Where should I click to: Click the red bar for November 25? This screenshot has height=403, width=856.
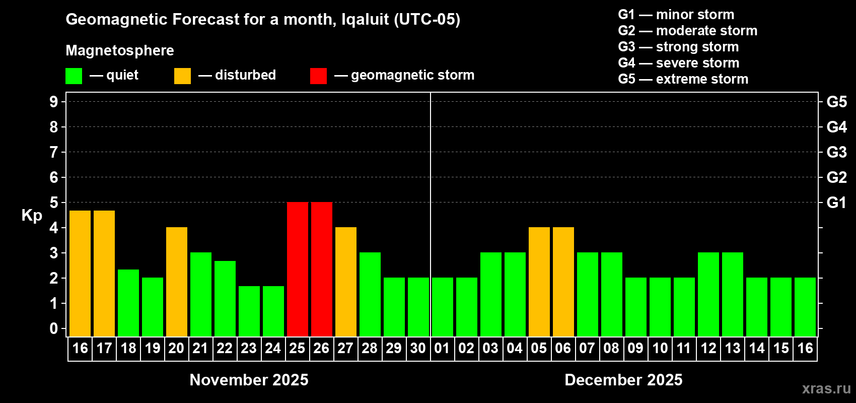[298, 269]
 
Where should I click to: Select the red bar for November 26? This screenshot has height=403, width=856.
[322, 269]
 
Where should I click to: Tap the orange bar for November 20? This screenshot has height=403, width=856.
[177, 282]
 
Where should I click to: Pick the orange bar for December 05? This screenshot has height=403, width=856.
[539, 282]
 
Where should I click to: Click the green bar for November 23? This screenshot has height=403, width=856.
[249, 311]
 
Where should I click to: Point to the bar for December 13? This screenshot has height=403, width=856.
[733, 294]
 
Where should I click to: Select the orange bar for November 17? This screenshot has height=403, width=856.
[104, 273]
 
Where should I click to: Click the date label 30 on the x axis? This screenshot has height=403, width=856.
[418, 348]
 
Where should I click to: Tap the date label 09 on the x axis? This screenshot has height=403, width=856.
[635, 348]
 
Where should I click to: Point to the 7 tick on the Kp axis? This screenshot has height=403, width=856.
[54, 152]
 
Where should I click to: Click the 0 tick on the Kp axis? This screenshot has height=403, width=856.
[54, 328]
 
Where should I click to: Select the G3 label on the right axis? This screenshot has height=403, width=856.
[836, 152]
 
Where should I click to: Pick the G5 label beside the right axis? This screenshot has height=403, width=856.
[836, 102]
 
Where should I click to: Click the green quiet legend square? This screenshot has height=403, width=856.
[74, 76]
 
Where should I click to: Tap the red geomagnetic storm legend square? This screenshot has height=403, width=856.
[318, 76]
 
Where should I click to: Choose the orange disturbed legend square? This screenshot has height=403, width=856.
[182, 76]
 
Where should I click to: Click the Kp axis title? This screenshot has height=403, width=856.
[32, 215]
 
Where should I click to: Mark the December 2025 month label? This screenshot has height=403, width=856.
[623, 380]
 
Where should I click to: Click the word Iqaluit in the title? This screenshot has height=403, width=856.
[365, 20]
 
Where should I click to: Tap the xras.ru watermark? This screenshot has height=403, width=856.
[826, 388]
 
